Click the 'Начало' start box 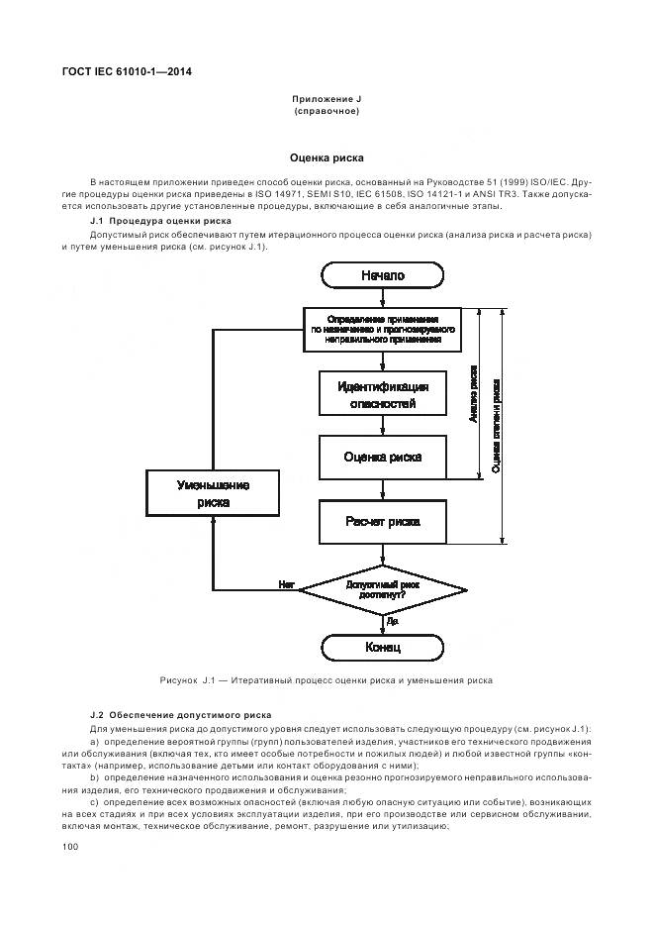(382, 274)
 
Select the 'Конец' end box (382, 648)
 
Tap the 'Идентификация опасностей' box (382, 394)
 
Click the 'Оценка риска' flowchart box (382, 457)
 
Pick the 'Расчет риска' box (382, 521)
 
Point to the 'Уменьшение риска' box (213, 493)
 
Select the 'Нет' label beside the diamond (287, 585)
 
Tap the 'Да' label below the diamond (393, 621)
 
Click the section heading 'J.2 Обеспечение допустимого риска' (179, 714)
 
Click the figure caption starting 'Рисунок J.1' (326, 680)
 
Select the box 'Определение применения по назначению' (382, 329)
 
